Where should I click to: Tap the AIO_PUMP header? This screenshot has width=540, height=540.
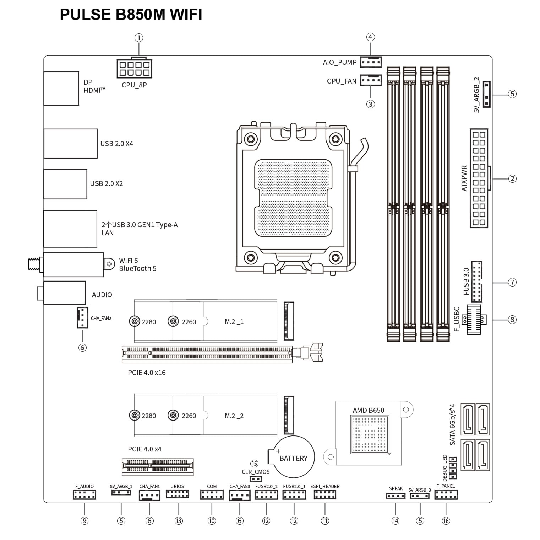coord(371,62)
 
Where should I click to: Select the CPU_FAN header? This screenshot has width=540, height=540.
coord(371,80)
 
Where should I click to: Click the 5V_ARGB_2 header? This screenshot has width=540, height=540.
coord(486,94)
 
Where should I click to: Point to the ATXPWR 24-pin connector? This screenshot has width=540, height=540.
coord(479,178)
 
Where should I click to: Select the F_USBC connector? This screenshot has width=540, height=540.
coord(474,319)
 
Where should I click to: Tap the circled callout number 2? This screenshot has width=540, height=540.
coord(512,178)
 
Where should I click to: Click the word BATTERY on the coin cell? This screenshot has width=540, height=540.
coord(293,458)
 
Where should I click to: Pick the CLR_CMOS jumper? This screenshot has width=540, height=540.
coord(256,479)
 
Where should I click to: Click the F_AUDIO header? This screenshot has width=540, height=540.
coord(84,494)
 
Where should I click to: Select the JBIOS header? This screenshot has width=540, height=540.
coord(178,494)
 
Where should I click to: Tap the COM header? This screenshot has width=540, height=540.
coord(212,494)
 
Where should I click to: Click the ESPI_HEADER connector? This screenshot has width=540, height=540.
coord(325,494)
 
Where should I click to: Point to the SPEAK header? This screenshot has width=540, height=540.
coord(396,496)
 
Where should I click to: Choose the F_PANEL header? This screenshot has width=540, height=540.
coord(446,494)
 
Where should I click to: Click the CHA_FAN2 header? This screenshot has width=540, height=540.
coord(82,318)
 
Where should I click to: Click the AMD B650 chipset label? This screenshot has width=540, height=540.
coord(369,410)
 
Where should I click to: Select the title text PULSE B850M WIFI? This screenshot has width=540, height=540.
coord(131,15)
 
